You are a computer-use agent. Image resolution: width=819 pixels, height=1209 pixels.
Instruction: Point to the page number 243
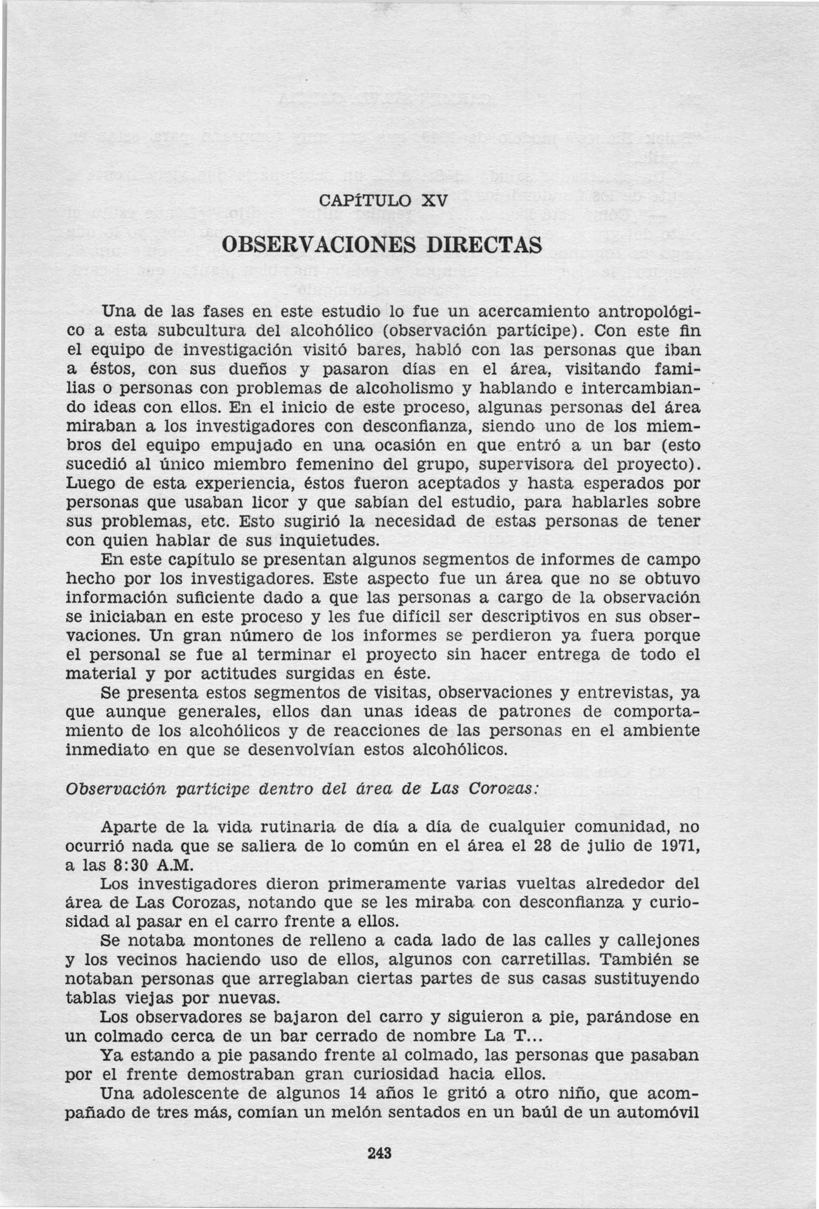(x=379, y=1152)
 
